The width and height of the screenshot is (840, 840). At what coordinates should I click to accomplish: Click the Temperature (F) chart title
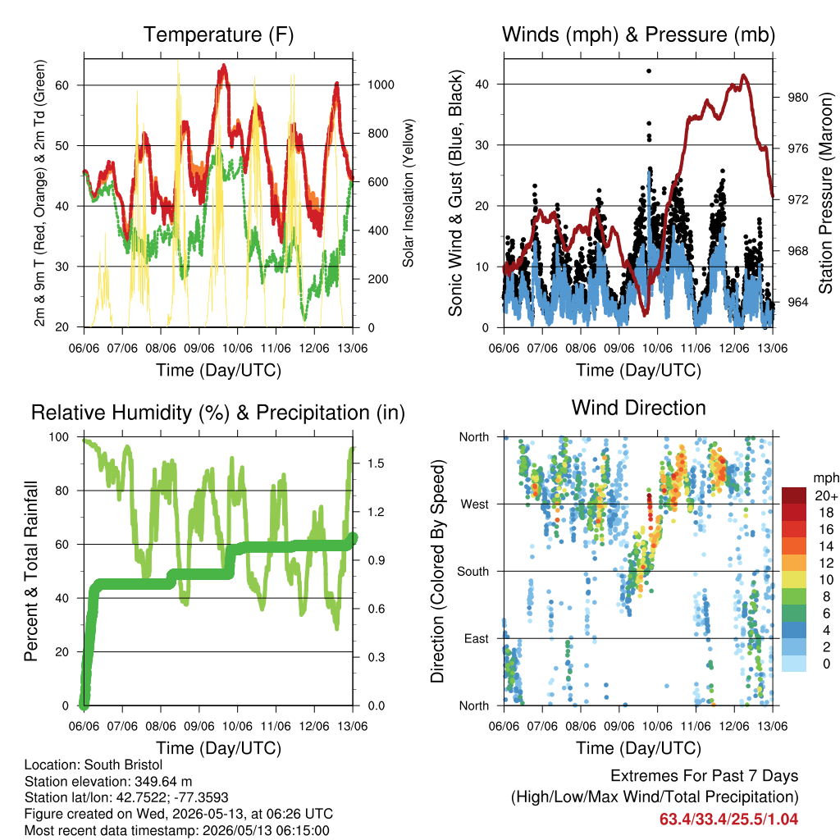coord(218,34)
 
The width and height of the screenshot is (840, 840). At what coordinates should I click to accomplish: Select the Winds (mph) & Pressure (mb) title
coord(638,34)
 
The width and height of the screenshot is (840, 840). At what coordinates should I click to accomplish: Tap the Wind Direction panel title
coord(638,408)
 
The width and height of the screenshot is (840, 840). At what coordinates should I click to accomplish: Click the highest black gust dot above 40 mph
coord(649,71)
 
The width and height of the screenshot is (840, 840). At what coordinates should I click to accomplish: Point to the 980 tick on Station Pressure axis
coord(797,98)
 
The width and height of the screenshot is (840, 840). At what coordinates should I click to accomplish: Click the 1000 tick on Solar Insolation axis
coord(381,84)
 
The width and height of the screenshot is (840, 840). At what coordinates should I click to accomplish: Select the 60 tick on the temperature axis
coord(62,85)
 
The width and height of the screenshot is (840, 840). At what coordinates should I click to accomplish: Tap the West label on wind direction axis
coord(475,504)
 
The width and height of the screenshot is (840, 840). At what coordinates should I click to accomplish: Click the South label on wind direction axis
coord(473,572)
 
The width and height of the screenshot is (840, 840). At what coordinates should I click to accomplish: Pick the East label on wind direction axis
coord(477,638)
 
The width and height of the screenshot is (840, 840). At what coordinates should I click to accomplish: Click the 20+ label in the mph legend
coord(826,495)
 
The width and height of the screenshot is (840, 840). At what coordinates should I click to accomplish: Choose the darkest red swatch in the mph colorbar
coord(794,495)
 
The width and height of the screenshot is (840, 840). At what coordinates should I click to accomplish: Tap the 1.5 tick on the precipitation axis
coord(376,463)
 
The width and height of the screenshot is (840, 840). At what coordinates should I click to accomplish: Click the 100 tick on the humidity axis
coord(59,437)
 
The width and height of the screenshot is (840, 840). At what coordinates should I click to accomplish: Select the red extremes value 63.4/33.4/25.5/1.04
coord(728,819)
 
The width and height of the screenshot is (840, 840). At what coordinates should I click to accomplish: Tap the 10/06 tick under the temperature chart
coord(237,348)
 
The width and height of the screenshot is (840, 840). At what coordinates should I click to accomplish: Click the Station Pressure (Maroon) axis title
coord(825,193)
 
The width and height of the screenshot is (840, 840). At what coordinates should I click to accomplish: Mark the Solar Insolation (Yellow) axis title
coord(409,193)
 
